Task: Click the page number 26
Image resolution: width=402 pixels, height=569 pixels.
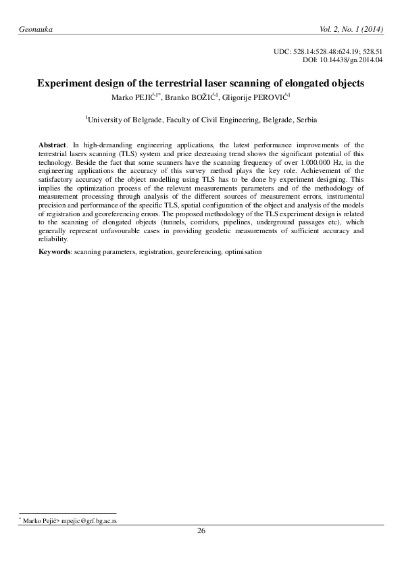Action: point(201,530)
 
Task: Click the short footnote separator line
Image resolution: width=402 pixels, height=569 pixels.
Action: point(68,514)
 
